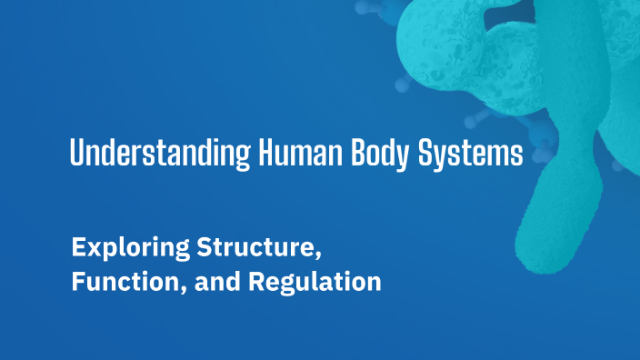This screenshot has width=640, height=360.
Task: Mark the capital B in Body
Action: click(x=355, y=154)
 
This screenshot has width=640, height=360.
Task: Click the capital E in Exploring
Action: click(x=78, y=247)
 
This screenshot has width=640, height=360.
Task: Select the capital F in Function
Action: click(x=78, y=283)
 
